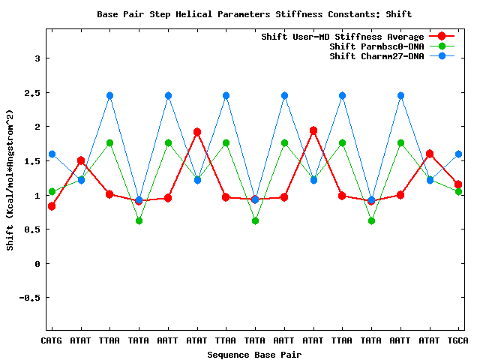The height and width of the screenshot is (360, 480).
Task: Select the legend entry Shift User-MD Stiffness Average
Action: [x=343, y=37]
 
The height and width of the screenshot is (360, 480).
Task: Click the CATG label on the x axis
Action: [x=52, y=341]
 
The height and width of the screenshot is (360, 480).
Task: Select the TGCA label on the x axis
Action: [x=458, y=341]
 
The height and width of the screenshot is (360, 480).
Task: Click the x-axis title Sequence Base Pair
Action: [x=254, y=354]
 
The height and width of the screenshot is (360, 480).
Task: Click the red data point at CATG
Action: [x=52, y=206]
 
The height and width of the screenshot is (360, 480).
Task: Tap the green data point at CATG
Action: [x=52, y=191]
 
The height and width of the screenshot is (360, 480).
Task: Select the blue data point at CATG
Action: [x=52, y=154]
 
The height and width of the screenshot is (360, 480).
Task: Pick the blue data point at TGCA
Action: [x=458, y=154]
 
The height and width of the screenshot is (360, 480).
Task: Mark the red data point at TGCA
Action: [x=458, y=184]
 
